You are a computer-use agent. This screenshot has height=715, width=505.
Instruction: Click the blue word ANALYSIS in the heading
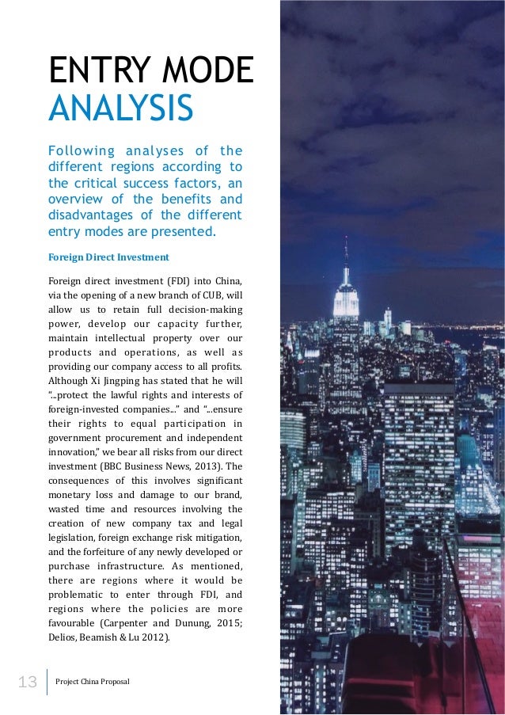tap(120, 108)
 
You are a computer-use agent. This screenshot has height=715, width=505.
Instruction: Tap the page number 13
tap(28, 681)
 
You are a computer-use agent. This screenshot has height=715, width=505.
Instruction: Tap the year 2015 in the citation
tap(229, 623)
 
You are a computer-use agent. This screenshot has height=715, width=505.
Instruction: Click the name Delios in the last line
tap(63, 637)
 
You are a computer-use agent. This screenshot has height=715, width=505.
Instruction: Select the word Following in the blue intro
tap(78, 151)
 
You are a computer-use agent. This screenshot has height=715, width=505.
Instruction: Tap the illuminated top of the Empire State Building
tap(346, 299)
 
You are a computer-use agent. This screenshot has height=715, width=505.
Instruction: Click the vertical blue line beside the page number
tap(47, 682)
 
